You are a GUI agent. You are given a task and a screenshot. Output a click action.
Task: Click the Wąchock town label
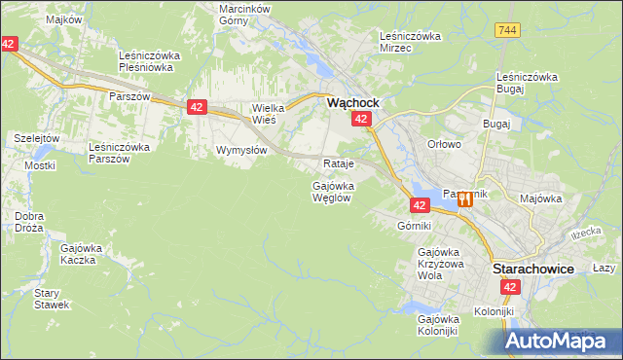coord(351,101)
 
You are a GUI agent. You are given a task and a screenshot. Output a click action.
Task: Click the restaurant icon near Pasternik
coord(464,198)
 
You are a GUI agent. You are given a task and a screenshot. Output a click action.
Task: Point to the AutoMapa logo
coord(562,341)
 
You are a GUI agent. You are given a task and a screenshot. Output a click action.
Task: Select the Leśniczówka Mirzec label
coord(410,42)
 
